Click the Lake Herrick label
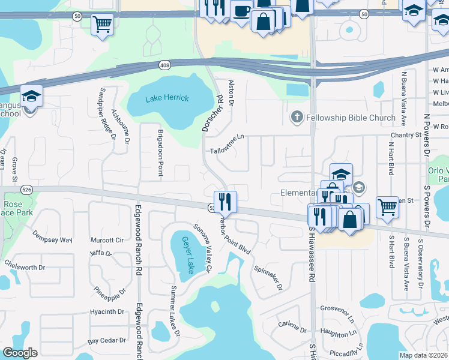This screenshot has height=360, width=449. pos(167,98)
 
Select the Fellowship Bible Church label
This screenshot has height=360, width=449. pos(351,117)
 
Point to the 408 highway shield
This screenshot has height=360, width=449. pos(164,65)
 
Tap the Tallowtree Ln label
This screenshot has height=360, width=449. pos(228,143)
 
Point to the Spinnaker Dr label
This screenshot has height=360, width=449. pos(268,278)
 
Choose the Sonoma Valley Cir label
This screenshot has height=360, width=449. pos(202,248)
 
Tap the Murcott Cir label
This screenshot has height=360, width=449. pos(106,240)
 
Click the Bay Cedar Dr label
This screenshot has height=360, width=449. pos(107,341)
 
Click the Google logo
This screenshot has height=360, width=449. pos(20,353)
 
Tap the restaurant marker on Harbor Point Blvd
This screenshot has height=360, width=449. pos(226,202)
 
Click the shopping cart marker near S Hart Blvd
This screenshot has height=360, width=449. pos(388,207)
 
